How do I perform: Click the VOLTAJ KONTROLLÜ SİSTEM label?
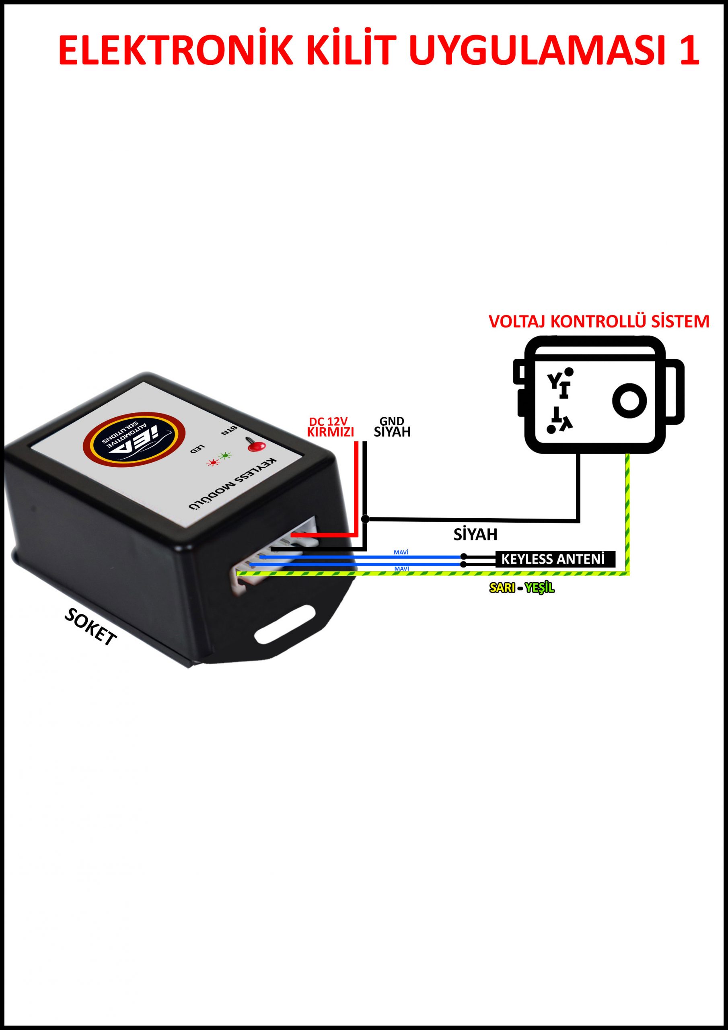coord(599,321)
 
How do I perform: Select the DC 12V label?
coord(328,421)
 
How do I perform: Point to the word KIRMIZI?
coord(330,432)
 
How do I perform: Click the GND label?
coord(392,421)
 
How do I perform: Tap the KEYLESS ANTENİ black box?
coord(554,559)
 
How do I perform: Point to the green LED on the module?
coord(224,456)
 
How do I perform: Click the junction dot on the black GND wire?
coord(365,519)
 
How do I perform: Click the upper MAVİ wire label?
coord(401,552)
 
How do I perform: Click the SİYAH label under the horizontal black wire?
coord(475,534)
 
